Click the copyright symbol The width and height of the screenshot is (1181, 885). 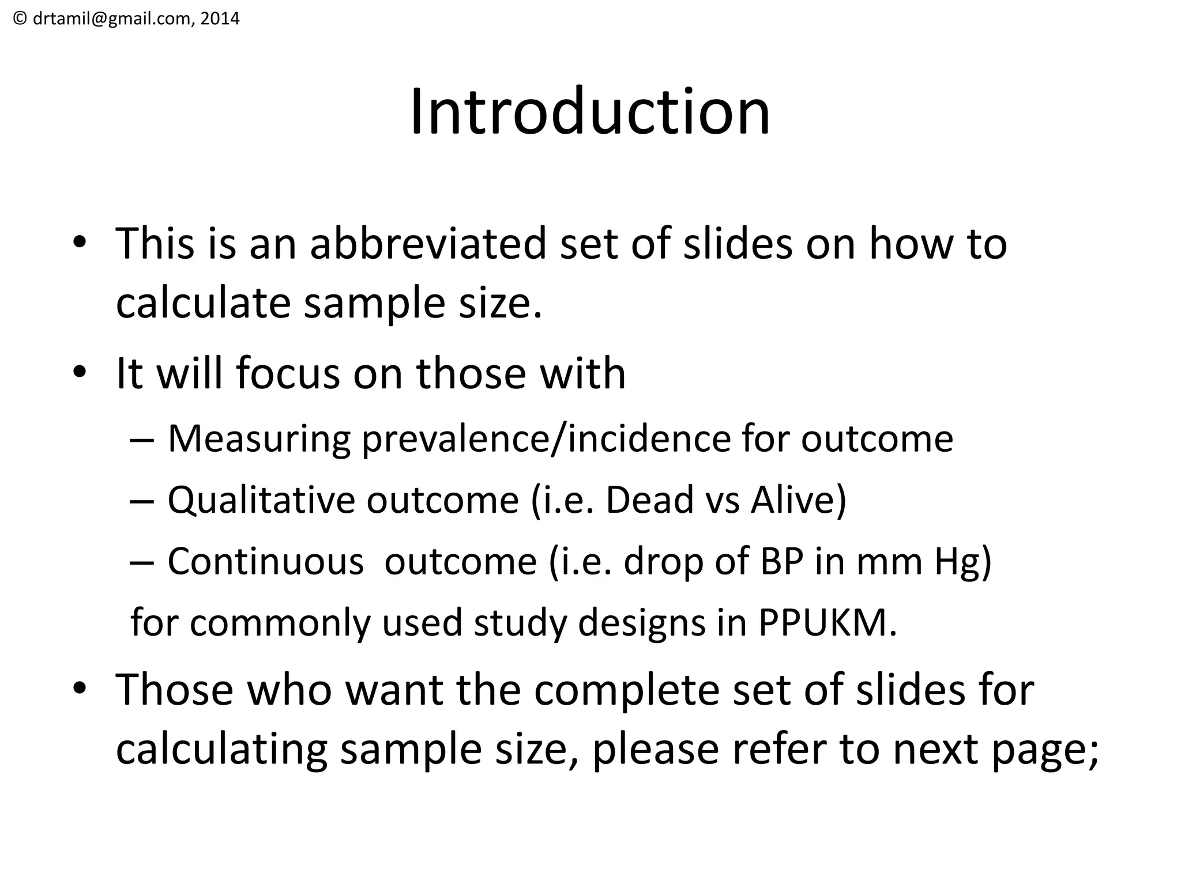tap(20, 19)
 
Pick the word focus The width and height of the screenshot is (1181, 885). tap(288, 374)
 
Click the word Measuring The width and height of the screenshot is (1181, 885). tap(259, 440)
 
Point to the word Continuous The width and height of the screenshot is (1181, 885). tap(266, 562)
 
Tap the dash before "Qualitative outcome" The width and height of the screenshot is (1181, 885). tap(142, 501)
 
